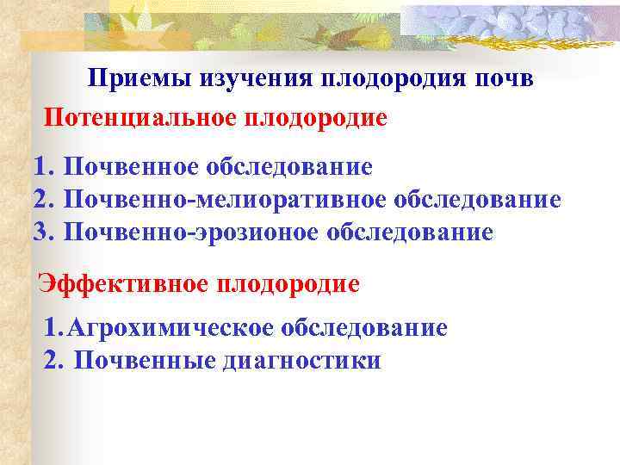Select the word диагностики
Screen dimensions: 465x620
point(301,361)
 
